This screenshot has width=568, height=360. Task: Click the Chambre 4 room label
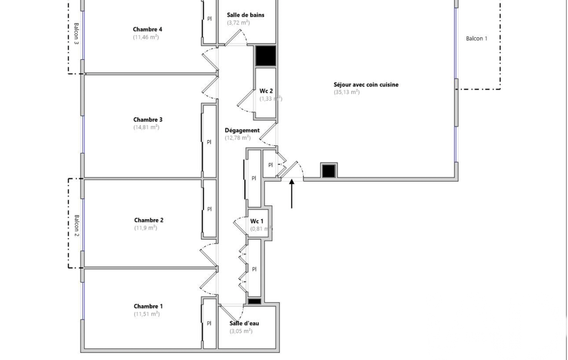click(x=147, y=29)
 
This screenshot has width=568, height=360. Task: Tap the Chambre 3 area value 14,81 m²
click(x=146, y=127)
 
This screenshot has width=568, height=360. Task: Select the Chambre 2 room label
click(x=149, y=220)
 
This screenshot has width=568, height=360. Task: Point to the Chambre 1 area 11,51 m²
click(x=147, y=314)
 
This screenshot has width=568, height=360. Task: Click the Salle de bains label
click(x=245, y=15)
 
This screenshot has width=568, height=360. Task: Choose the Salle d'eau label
click(x=244, y=323)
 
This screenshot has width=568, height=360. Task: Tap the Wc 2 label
click(x=266, y=91)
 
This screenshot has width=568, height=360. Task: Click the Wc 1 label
click(x=257, y=221)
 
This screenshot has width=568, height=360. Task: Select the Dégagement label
click(x=242, y=130)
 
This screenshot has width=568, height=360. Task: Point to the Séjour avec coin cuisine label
click(x=366, y=84)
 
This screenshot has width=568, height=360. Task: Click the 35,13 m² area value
click(x=347, y=92)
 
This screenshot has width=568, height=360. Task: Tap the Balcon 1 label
click(x=477, y=38)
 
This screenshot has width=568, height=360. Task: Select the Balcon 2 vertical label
click(x=76, y=225)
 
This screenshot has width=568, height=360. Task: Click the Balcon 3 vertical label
click(x=76, y=33)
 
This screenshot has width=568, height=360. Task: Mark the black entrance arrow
click(x=291, y=194)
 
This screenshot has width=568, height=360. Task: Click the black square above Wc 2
click(x=266, y=56)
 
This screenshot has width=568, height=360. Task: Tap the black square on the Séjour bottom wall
click(x=329, y=171)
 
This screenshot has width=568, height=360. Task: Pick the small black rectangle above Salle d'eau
click(x=254, y=301)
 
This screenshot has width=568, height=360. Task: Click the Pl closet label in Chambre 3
click(x=209, y=142)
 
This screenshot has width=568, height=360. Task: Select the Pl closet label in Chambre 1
click(x=209, y=323)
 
